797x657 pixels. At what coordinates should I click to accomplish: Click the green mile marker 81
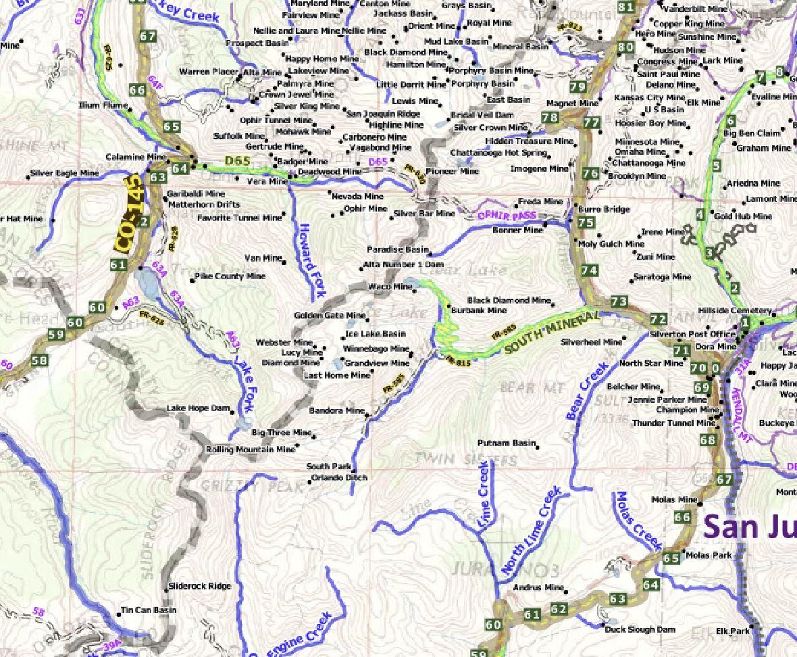coord(626,7)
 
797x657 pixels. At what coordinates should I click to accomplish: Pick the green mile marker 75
coord(586,223)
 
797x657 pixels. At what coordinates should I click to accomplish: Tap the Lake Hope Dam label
coord(199,409)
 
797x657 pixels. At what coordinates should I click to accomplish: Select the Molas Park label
coord(709,556)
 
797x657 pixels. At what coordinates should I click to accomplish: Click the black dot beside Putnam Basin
coord(538,444)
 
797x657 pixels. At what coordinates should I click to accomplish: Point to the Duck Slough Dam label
coord(640,630)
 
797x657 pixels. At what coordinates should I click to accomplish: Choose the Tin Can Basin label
coord(149,610)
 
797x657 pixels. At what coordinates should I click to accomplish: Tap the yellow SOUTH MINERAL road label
coord(552,330)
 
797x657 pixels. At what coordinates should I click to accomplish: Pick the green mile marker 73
coord(619,301)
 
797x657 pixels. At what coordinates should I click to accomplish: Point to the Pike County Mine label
coord(230,276)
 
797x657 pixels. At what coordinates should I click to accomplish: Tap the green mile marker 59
coord(56,335)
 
